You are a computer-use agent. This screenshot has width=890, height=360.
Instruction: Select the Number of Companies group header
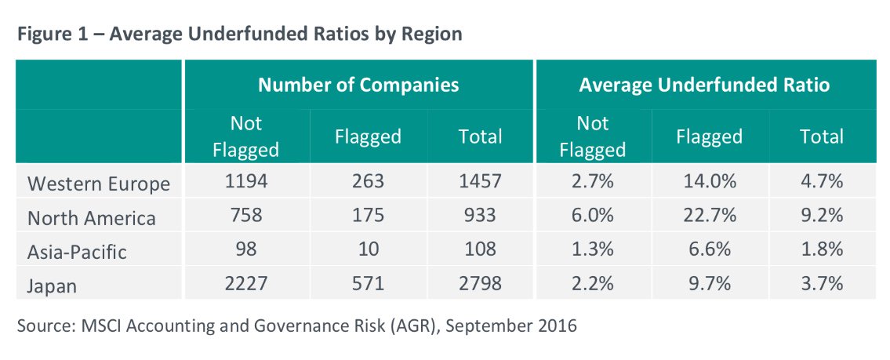pyautogui.click(x=358, y=85)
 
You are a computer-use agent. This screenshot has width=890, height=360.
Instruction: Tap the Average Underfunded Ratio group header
pyautogui.click(x=703, y=85)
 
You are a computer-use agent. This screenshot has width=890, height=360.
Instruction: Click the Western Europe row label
pyautogui.click(x=99, y=184)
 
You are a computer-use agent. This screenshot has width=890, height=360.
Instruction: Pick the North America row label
pyautogui.click(x=91, y=217)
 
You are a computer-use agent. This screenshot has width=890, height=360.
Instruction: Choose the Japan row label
pyautogui.click(x=53, y=285)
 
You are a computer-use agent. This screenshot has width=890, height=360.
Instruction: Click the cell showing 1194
pyautogui.click(x=246, y=183)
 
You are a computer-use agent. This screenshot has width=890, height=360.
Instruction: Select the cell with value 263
pyautogui.click(x=368, y=183)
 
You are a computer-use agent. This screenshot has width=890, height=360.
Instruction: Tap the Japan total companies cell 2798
pyautogui.click(x=480, y=283)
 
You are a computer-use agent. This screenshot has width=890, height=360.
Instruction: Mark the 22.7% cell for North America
pyautogui.click(x=709, y=216)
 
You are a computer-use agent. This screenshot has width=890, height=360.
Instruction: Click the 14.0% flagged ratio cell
pyautogui.click(x=709, y=183)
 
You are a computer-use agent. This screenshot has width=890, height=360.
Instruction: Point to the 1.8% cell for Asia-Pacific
pyautogui.click(x=821, y=249)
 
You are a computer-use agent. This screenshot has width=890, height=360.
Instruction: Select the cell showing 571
pyautogui.click(x=368, y=283)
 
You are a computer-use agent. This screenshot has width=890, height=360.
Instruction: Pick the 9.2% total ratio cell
pyautogui.click(x=821, y=216)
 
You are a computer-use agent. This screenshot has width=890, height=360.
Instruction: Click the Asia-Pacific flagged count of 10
pyautogui.click(x=368, y=249)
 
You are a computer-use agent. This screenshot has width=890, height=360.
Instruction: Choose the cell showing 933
pyautogui.click(x=480, y=216)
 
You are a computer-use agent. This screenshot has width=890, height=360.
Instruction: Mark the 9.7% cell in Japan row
pyautogui.click(x=709, y=283)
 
